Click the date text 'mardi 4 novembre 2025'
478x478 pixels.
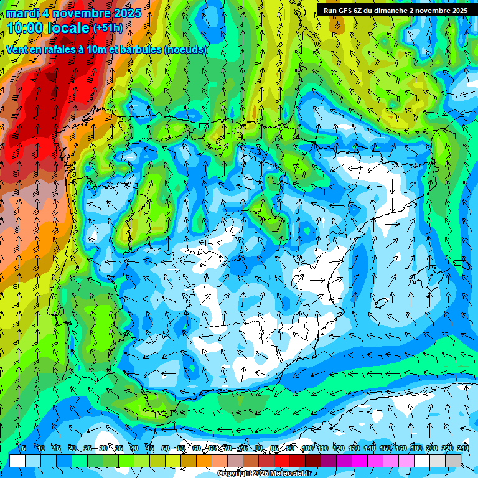[73, 13]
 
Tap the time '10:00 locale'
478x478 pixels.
[49, 28]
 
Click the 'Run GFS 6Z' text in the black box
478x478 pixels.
[344, 11]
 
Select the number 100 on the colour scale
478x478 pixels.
[307, 449]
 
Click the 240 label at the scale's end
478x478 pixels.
[463, 449]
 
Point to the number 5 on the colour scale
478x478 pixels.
[24, 449]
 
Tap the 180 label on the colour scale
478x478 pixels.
[416, 449]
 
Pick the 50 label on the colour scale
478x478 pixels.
[166, 449]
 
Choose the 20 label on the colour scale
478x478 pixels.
[72, 449]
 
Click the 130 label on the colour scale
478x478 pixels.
[354, 449]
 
